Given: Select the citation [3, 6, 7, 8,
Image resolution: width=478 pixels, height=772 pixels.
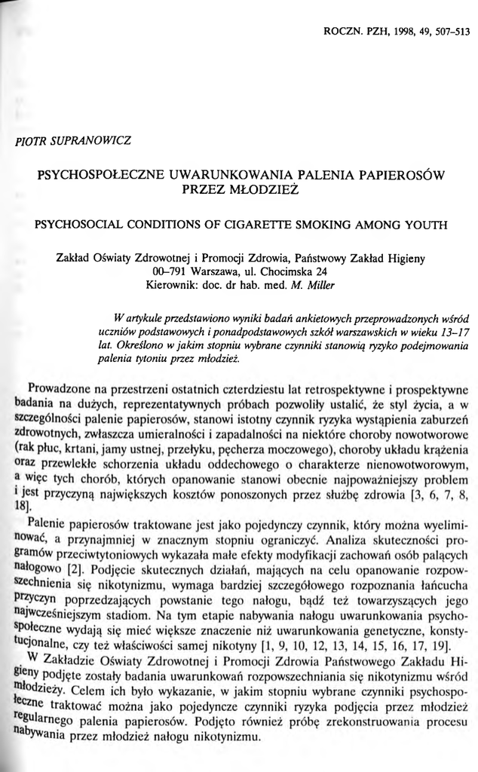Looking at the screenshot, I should click(432, 494).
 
